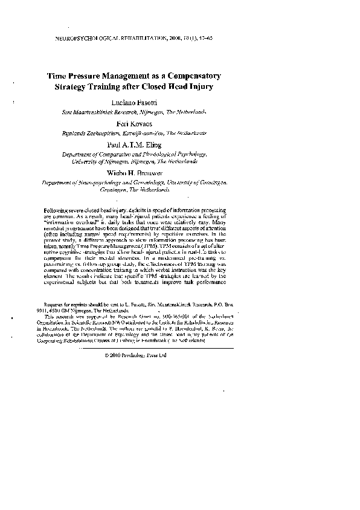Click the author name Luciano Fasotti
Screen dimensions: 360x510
(137, 102)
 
